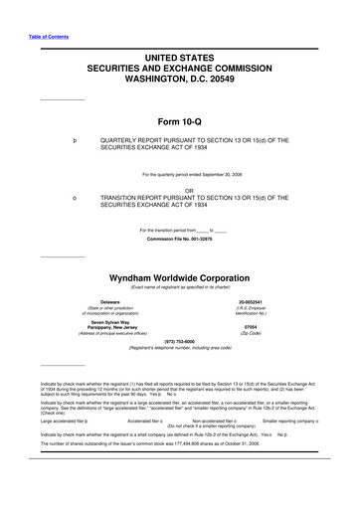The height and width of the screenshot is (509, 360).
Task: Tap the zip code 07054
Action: [x=251, y=298]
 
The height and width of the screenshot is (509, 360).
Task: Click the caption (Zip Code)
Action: [x=251, y=304]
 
